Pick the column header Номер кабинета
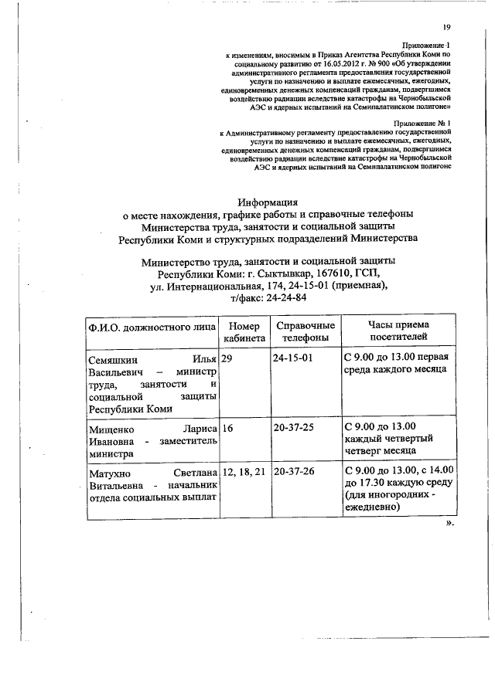pyautogui.click(x=244, y=331)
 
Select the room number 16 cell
pyautogui.click(x=227, y=426)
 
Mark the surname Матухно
pyautogui.click(x=110, y=470)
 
